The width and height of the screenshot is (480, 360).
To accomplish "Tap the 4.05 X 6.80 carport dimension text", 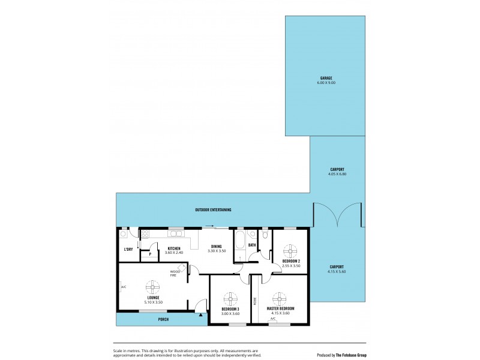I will point(337,175).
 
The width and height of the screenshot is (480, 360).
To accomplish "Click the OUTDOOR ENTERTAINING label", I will point(213,210).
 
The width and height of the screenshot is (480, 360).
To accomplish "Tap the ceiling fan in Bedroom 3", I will point(230,298).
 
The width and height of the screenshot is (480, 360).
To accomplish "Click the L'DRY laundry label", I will point(128,249).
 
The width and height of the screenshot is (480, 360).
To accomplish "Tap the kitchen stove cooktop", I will point(145,234).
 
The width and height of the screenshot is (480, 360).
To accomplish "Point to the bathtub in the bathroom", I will point(239,242).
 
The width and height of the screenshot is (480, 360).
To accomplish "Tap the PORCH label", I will point(163,319).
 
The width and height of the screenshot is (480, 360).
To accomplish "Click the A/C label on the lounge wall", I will point(123,287).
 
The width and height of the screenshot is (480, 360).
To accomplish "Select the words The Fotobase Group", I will point(350,355).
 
